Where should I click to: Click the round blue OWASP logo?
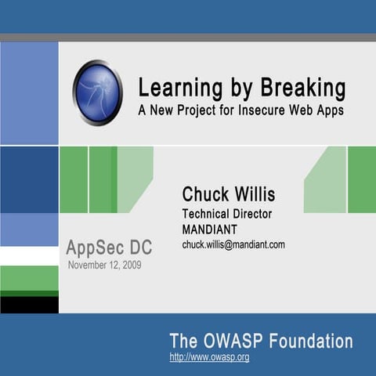pyautogui.click(x=98, y=93)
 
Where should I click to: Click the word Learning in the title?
pyautogui.click(x=172, y=86)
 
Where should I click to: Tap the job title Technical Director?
pyautogui.click(x=226, y=214)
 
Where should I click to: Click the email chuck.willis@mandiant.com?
pyautogui.click(x=233, y=244)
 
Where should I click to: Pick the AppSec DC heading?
pyautogui.click(x=109, y=248)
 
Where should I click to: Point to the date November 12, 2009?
pyautogui.click(x=105, y=265)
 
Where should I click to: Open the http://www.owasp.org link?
pyautogui.click(x=209, y=357)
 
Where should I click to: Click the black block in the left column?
pyautogui.click(x=29, y=304)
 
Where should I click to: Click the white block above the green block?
pyautogui.click(x=29, y=256)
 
